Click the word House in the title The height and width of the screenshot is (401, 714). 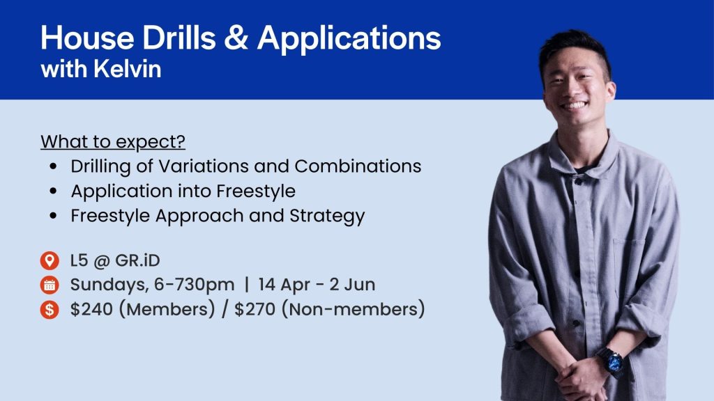(87, 38)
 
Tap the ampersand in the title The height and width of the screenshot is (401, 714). (236, 38)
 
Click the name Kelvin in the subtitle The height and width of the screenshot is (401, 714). (128, 69)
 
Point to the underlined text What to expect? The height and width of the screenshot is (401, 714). (113, 142)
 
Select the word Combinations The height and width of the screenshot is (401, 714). (358, 166)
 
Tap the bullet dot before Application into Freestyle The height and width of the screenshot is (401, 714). (54, 191)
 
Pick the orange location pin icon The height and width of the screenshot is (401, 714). (50, 260)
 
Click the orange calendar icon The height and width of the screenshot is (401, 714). (50, 285)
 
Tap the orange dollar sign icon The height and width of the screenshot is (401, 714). (50, 310)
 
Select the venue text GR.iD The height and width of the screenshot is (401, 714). (137, 260)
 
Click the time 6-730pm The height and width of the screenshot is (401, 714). (195, 285)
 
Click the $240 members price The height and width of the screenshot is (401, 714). (91, 310)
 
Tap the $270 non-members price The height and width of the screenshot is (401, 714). (255, 310)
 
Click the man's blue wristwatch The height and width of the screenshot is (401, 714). (611, 362)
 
